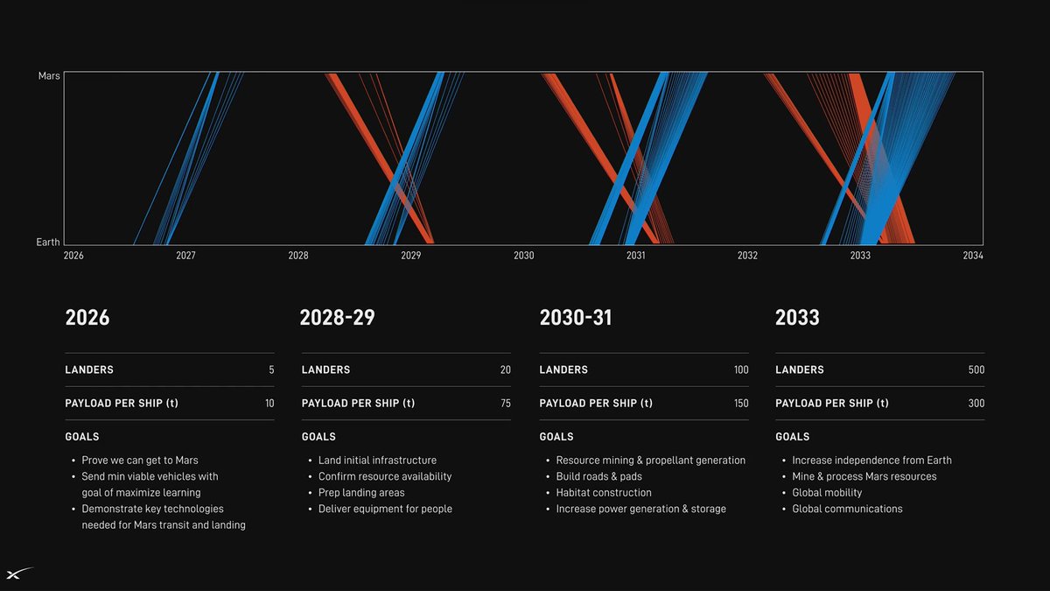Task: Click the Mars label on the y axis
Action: click(x=49, y=76)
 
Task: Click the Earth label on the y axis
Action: click(x=48, y=242)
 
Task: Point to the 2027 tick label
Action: click(x=185, y=256)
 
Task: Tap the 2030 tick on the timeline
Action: click(x=523, y=256)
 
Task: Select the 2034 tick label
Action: click(x=972, y=256)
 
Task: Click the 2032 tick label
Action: click(x=747, y=256)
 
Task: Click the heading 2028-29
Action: click(x=337, y=317)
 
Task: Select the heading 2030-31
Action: click(x=576, y=317)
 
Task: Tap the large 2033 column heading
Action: click(x=797, y=317)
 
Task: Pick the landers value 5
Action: click(x=271, y=370)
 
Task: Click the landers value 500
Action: click(x=976, y=370)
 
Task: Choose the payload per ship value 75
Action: click(x=505, y=404)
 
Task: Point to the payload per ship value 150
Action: click(x=740, y=404)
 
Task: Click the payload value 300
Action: click(x=976, y=404)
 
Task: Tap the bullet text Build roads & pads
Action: click(x=598, y=476)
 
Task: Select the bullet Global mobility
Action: click(x=827, y=493)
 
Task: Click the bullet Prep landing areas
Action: click(x=361, y=493)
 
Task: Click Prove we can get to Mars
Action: click(x=140, y=461)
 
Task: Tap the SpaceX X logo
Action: click(x=19, y=573)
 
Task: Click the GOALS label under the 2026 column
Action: click(x=82, y=437)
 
